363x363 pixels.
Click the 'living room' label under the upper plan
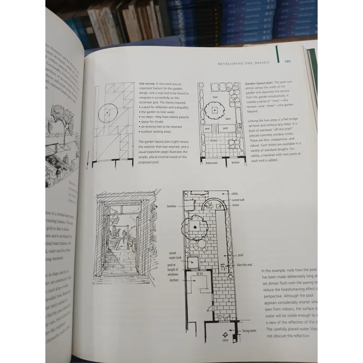tap(212, 162)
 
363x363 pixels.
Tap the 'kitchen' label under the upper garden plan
tap(235, 162)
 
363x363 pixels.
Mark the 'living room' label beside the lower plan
tap(249, 331)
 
